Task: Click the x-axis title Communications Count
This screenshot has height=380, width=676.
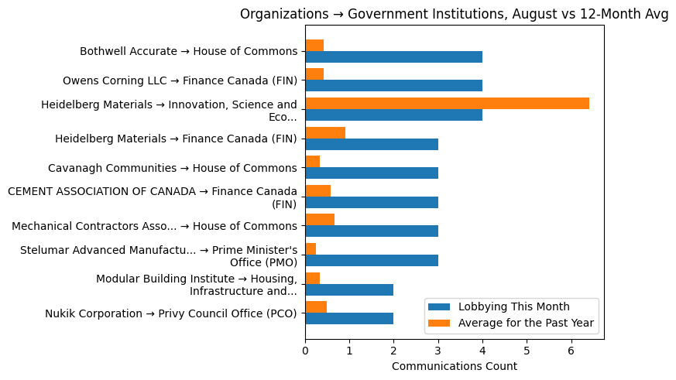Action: pyautogui.click(x=454, y=366)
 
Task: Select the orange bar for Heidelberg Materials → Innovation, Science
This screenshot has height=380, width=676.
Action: pyautogui.click(x=447, y=104)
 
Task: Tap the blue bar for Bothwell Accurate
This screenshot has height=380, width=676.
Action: pyautogui.click(x=393, y=57)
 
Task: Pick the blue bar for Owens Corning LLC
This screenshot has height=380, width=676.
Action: pyautogui.click(x=393, y=86)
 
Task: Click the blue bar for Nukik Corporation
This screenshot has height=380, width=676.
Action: pyautogui.click(x=349, y=318)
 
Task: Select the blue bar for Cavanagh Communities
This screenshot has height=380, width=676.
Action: pyautogui.click(x=372, y=173)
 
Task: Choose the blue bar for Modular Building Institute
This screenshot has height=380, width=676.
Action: pyautogui.click(x=349, y=289)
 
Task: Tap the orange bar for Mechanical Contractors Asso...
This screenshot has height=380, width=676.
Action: pyautogui.click(x=320, y=220)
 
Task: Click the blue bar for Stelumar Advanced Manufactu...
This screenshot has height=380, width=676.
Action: pyautogui.click(x=372, y=260)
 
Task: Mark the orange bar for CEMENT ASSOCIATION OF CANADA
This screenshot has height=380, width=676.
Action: pyautogui.click(x=317, y=191)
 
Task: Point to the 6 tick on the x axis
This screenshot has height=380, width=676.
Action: pyautogui.click(x=571, y=349)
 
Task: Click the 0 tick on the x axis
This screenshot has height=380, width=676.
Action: pyautogui.click(x=305, y=349)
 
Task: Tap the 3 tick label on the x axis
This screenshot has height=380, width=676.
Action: pyautogui.click(x=438, y=349)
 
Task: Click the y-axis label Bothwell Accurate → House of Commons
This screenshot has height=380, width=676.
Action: pyautogui.click(x=188, y=52)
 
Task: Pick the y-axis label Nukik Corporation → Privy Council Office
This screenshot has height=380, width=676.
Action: pyautogui.click(x=170, y=313)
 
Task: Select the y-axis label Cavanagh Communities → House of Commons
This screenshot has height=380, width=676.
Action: pyautogui.click(x=172, y=168)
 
